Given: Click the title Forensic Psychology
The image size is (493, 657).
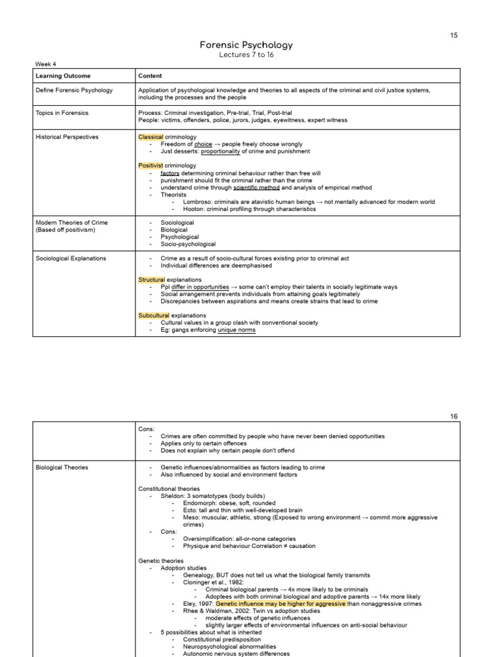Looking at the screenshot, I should coord(246,45).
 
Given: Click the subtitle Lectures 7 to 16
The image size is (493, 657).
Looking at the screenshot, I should coord(246,55).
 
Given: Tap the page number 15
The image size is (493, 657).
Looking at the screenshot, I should coord(454,35).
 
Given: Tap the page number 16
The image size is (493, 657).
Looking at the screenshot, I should coord(454,416).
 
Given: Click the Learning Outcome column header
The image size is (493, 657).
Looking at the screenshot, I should coord(63,76).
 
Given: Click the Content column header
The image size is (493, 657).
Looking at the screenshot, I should coord(150,76).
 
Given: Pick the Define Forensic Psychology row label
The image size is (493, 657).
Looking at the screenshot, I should coord(74,90).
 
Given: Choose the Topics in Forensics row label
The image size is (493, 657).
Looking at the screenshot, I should coord(62,113).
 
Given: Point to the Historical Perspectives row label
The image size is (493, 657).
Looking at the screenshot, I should coord(67,137).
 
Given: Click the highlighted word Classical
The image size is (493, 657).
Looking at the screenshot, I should coord(151,137).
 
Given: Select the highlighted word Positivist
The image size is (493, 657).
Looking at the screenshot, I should coord(151,166).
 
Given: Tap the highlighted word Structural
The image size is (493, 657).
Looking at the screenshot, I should coord(151,280).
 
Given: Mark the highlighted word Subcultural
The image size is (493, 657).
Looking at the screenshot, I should coord(153,316).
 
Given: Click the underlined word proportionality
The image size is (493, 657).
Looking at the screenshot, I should coord(223,151).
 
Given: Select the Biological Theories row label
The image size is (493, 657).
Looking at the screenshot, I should coord(62,468).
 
